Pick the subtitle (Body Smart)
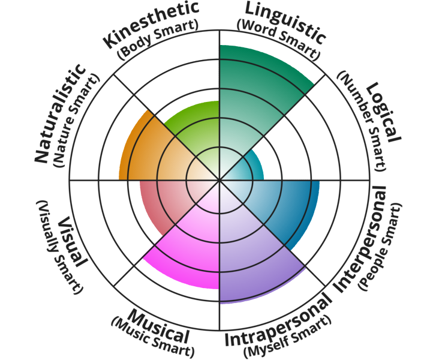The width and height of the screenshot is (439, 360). pyautogui.click(x=157, y=44)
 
